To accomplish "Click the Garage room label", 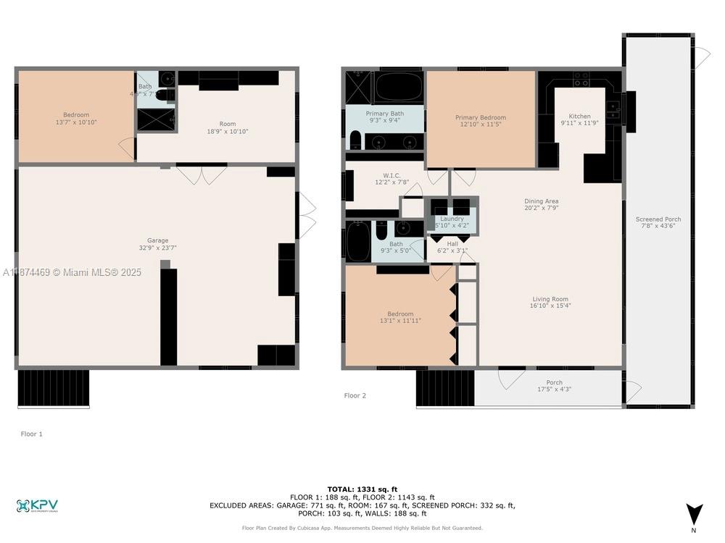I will point(157,245).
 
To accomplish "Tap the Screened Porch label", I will point(658,223).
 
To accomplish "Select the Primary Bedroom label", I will point(480,122).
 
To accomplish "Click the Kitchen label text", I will point(579,120).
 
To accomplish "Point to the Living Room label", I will point(550,303).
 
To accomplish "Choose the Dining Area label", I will point(541,205).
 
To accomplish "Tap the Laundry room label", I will point(452,222).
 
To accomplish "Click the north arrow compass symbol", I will point(694,514).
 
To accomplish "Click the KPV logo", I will point(37,505).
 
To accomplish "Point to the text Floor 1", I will point(32,434).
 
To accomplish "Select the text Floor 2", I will point(355,395).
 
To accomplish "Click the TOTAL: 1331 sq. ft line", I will point(362,489).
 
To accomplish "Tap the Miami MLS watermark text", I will point(72,272).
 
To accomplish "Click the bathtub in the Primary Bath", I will point(398,87).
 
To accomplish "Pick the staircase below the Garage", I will point(53,388).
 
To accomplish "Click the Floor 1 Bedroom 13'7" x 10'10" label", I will point(75,119).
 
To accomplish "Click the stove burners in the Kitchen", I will point(581,79).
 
